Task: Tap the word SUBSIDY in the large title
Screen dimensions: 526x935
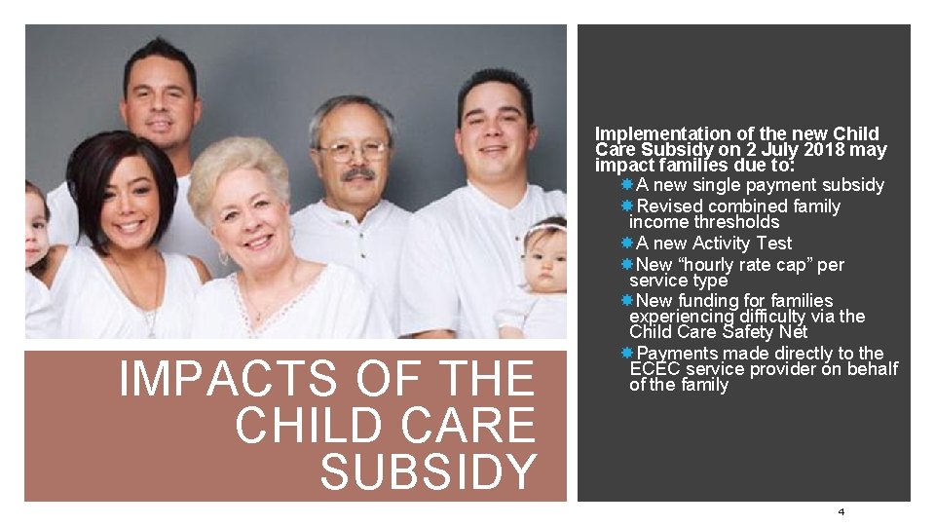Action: [x=429, y=471]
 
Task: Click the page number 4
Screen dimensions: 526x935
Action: [x=841, y=512]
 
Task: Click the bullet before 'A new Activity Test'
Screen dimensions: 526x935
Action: [x=627, y=244]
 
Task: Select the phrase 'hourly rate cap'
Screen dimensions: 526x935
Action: [x=744, y=265]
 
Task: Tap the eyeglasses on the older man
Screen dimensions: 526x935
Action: [x=354, y=150]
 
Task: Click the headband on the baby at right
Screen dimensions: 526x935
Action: [x=545, y=229]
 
